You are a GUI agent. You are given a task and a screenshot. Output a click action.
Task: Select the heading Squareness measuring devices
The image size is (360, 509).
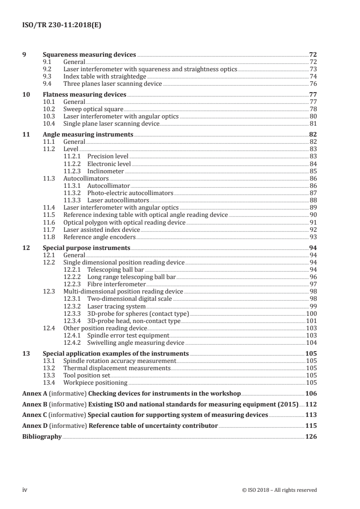point(89,54)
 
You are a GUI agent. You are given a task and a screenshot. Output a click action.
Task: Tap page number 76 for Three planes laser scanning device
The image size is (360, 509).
point(313,83)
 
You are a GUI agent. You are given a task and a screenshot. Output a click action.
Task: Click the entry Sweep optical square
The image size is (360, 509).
point(93,109)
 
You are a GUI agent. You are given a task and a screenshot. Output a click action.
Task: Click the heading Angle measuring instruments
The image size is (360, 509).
point(88,134)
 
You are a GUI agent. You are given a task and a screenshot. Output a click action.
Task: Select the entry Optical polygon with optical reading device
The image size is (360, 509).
point(124,222)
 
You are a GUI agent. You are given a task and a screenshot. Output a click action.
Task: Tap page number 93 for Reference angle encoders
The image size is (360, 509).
point(313,237)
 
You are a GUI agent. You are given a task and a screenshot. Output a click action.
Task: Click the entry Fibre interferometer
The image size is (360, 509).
point(114,284)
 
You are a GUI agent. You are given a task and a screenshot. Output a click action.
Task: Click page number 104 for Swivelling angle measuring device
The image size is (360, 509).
point(311,343)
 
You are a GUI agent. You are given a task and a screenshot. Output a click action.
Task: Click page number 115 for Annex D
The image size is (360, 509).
point(311,426)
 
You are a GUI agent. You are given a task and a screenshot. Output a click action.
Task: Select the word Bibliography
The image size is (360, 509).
point(42,436)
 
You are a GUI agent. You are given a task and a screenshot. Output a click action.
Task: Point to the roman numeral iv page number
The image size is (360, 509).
point(25,489)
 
